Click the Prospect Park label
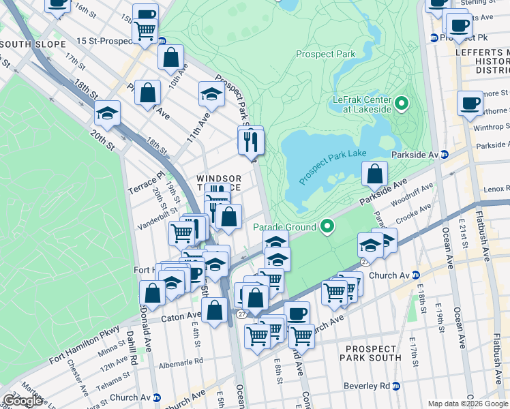click(x=325, y=53)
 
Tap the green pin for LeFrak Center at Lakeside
click(x=402, y=104)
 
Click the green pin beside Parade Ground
click(x=327, y=226)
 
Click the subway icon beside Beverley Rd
click(x=396, y=386)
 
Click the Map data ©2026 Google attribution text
click(x=467, y=404)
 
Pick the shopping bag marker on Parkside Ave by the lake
click(x=374, y=175)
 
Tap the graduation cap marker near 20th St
click(x=107, y=113)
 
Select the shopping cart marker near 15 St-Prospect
click(x=145, y=31)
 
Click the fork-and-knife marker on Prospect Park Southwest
click(x=251, y=141)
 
